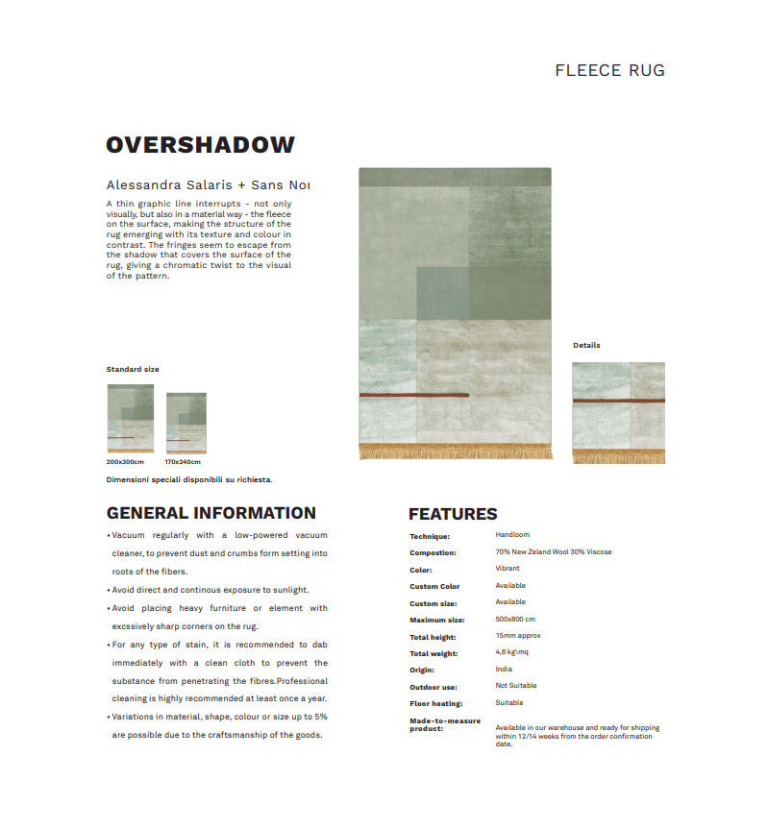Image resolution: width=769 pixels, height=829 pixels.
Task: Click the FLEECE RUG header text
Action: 609,70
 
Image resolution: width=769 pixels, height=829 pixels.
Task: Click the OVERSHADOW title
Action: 200,145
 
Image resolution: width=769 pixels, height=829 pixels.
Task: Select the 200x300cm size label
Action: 125,461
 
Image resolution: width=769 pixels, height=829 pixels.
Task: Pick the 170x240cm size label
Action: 183,461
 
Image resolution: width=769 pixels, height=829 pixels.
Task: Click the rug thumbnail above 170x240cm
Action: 186,423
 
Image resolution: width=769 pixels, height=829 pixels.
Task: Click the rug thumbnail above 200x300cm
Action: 131,419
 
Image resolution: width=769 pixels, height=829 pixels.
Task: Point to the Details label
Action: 586,345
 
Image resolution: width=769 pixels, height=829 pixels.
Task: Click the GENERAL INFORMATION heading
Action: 211,513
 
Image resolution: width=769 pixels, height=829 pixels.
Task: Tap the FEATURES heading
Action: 453,514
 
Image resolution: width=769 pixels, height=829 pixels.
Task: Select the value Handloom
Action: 512,535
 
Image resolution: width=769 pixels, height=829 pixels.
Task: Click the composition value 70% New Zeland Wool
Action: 553,552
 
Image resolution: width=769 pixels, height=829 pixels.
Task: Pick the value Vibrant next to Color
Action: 508,569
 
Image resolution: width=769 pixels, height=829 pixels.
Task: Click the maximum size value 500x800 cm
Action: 515,620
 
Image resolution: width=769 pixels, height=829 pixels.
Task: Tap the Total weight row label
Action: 434,653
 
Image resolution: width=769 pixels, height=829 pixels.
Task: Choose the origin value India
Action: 504,670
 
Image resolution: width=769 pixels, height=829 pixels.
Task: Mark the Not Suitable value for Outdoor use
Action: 516,686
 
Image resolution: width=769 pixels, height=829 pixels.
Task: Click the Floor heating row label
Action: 435,703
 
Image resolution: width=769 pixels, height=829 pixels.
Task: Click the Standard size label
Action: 133,369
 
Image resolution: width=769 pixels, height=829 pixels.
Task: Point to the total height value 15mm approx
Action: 517,636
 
